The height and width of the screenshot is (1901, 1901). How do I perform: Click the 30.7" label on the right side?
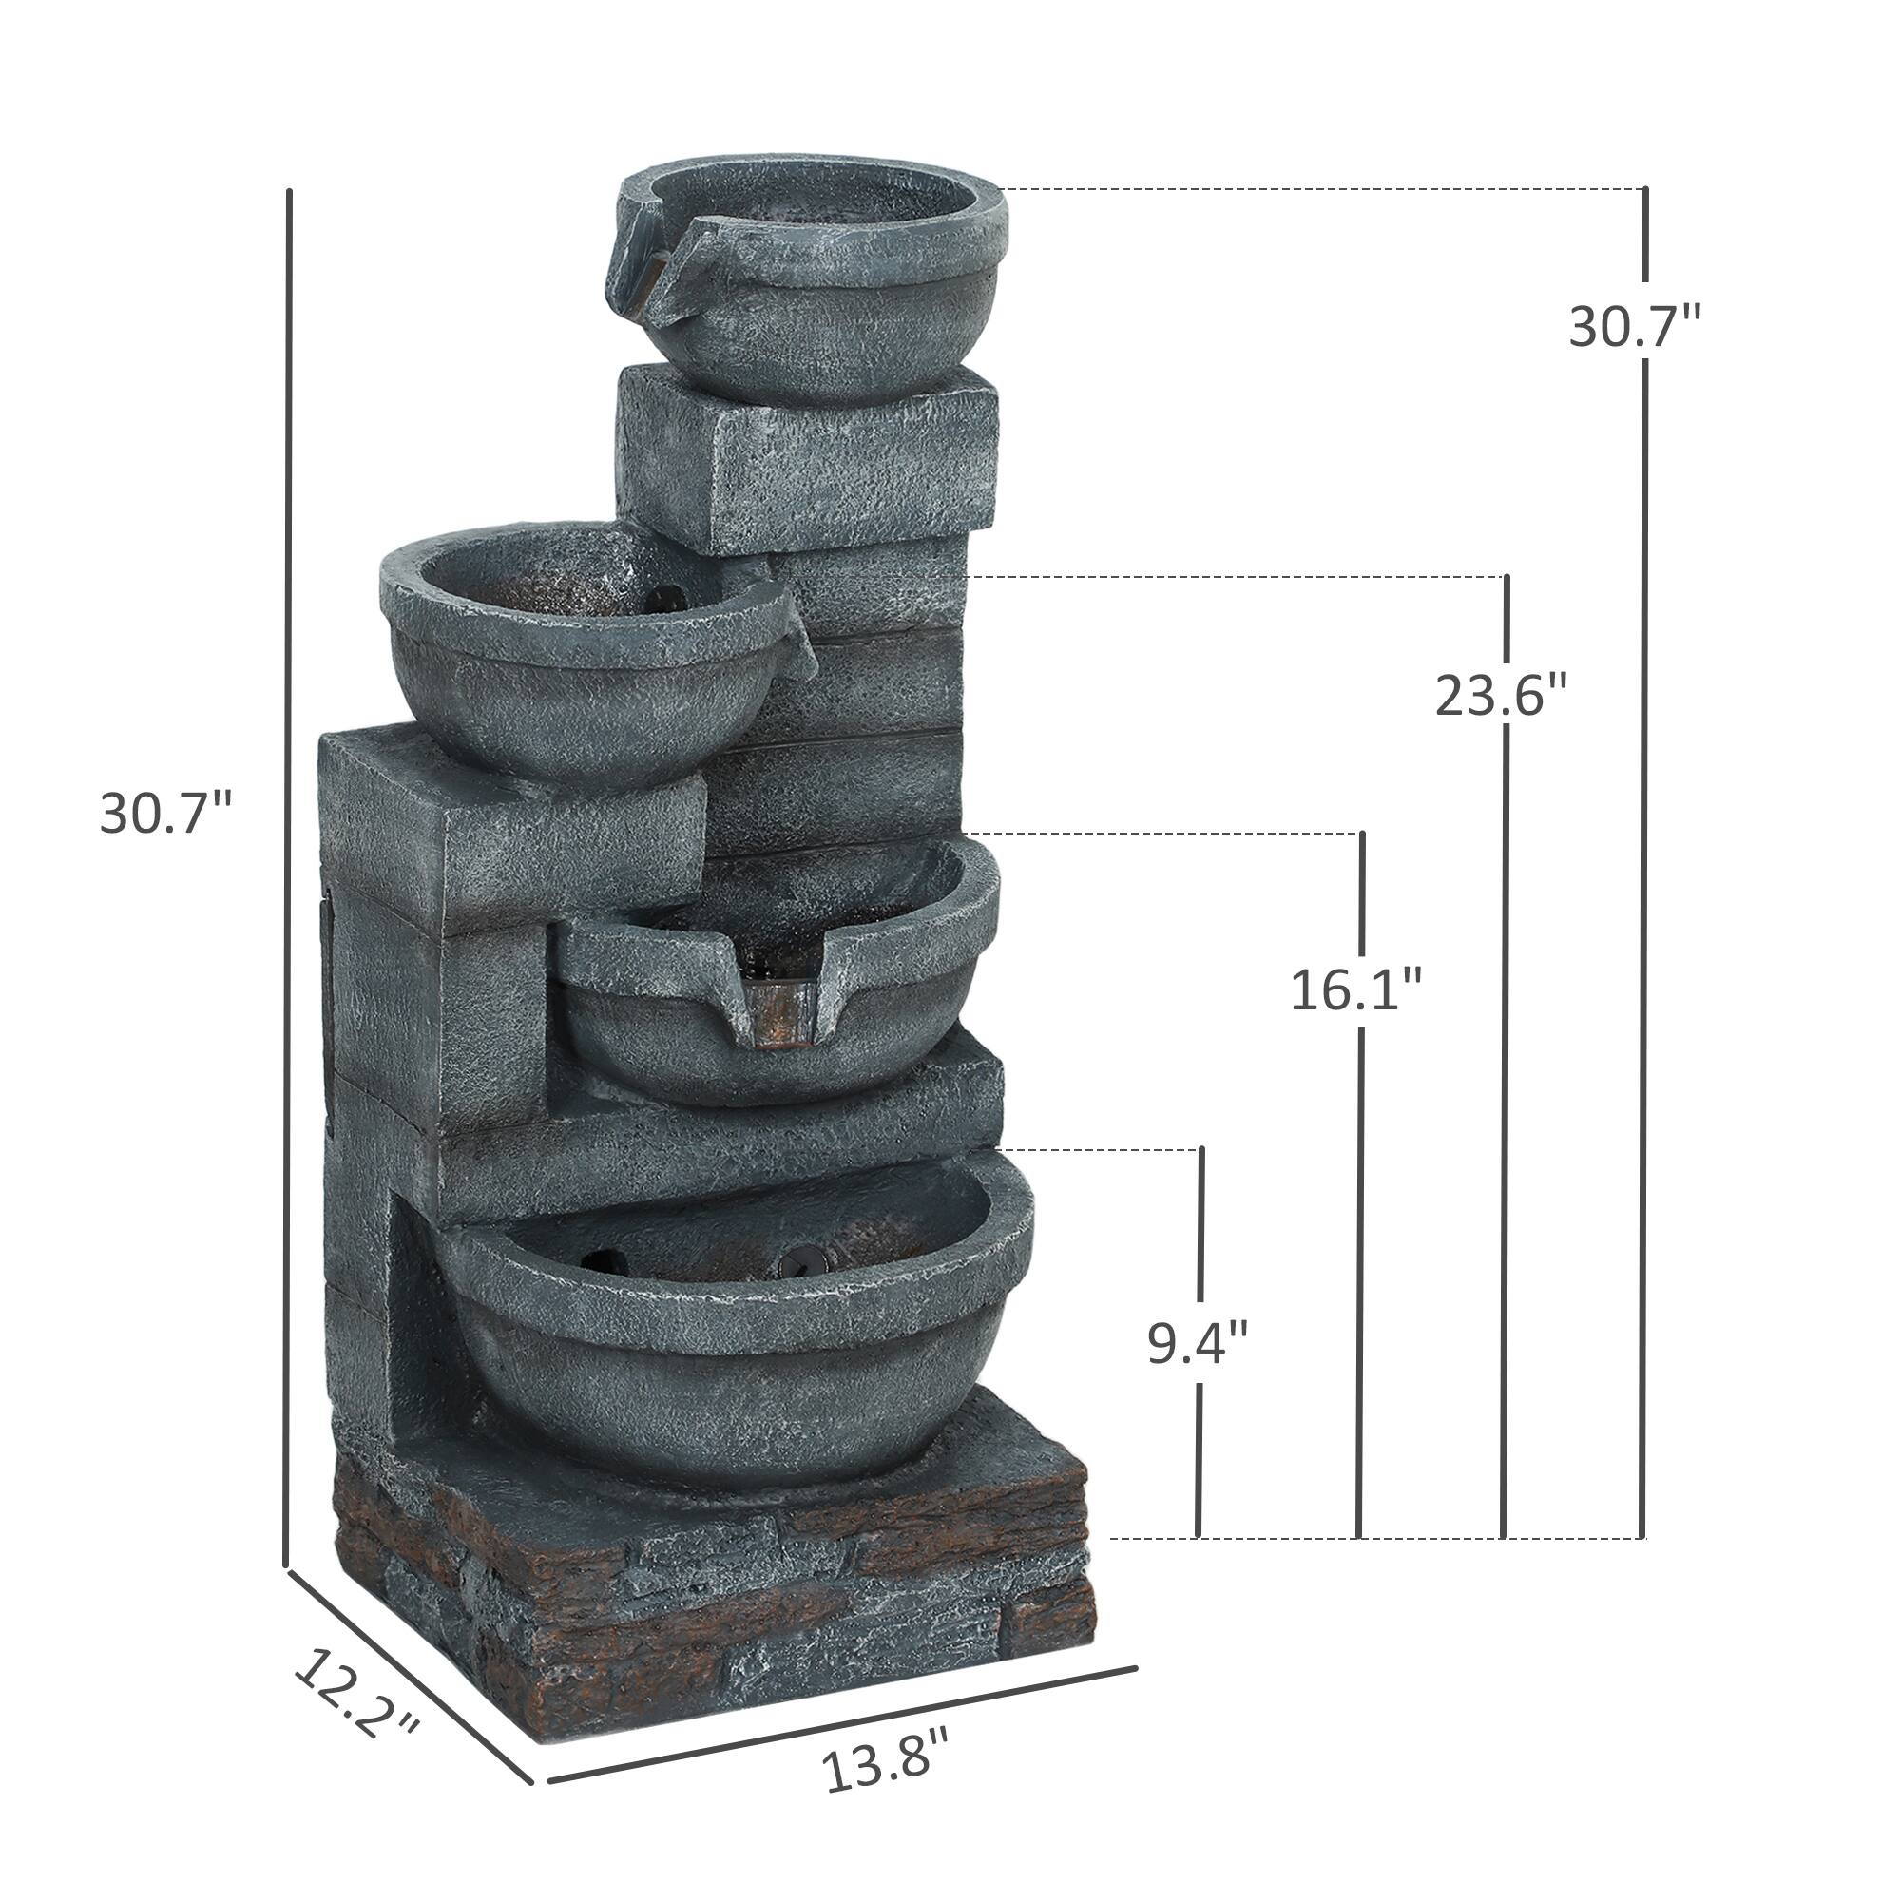pos(1633,327)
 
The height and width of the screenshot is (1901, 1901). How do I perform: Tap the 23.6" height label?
pos(1500,697)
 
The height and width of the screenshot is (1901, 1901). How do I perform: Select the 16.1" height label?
pos(1356,989)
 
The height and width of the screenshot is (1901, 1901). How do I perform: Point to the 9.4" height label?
pos(1198,1343)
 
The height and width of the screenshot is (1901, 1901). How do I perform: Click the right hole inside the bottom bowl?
pos(792,1260)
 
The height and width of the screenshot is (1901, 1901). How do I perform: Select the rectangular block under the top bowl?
pos(807,457)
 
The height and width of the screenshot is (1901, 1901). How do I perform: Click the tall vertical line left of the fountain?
pos(288,886)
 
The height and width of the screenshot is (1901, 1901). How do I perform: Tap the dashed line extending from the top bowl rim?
pos(1318,188)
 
